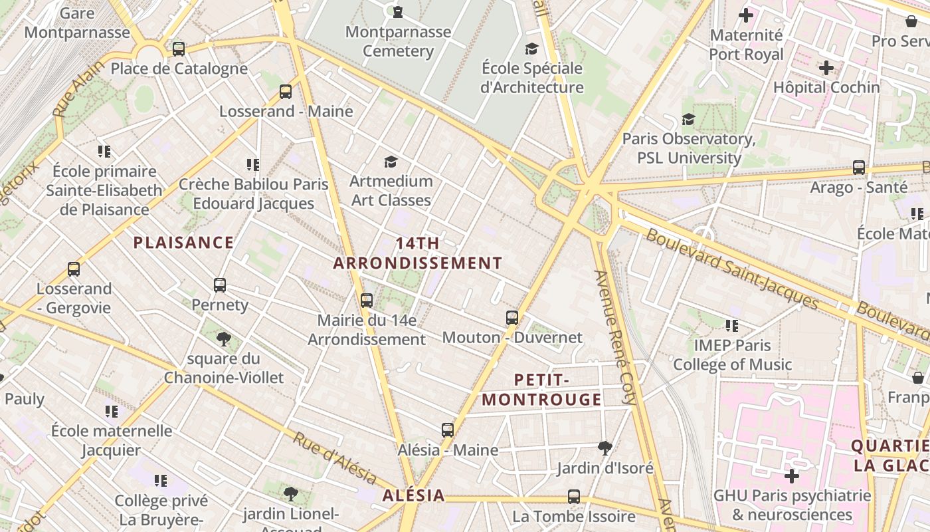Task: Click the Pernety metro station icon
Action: pos(220,285)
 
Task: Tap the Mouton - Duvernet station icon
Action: pos(511,318)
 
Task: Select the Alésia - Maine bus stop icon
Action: pos(448,430)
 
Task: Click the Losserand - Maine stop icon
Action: pos(286,92)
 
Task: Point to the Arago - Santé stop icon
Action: pos(859,168)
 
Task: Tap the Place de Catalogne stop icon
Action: pos(178,49)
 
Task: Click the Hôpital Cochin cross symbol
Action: pos(826,68)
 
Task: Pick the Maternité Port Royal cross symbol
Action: pos(746,15)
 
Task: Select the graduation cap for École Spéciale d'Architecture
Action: pos(531,49)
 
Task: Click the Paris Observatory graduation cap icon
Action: pos(689,119)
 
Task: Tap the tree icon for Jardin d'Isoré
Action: pos(604,448)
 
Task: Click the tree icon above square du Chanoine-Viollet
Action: pos(224,339)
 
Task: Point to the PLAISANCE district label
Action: pos(183,243)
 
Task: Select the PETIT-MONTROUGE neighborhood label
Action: pos(541,390)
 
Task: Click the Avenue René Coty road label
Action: pos(616,337)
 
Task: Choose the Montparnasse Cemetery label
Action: pos(398,41)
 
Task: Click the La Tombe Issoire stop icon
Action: pos(574,497)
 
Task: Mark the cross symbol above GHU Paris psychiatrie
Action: pos(791,476)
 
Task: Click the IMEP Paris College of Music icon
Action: pos(732,326)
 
